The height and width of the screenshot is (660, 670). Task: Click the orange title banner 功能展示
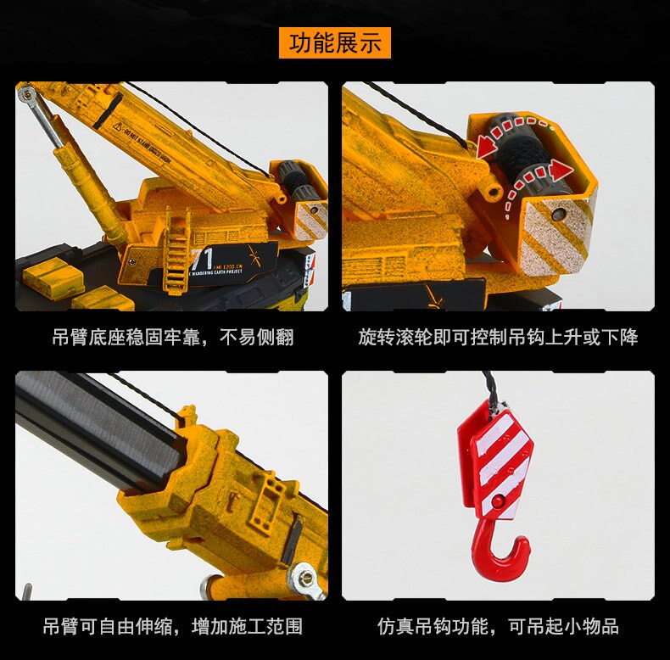coord(335,42)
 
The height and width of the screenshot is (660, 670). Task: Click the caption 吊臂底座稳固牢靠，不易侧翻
coord(172,338)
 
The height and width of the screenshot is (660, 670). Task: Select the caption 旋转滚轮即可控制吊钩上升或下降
coord(498,338)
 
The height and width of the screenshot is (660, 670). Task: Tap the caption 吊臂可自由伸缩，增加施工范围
coord(172,627)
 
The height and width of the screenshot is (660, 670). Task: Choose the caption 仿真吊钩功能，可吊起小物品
coord(498,627)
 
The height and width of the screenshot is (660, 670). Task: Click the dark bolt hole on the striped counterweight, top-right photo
coord(557,215)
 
